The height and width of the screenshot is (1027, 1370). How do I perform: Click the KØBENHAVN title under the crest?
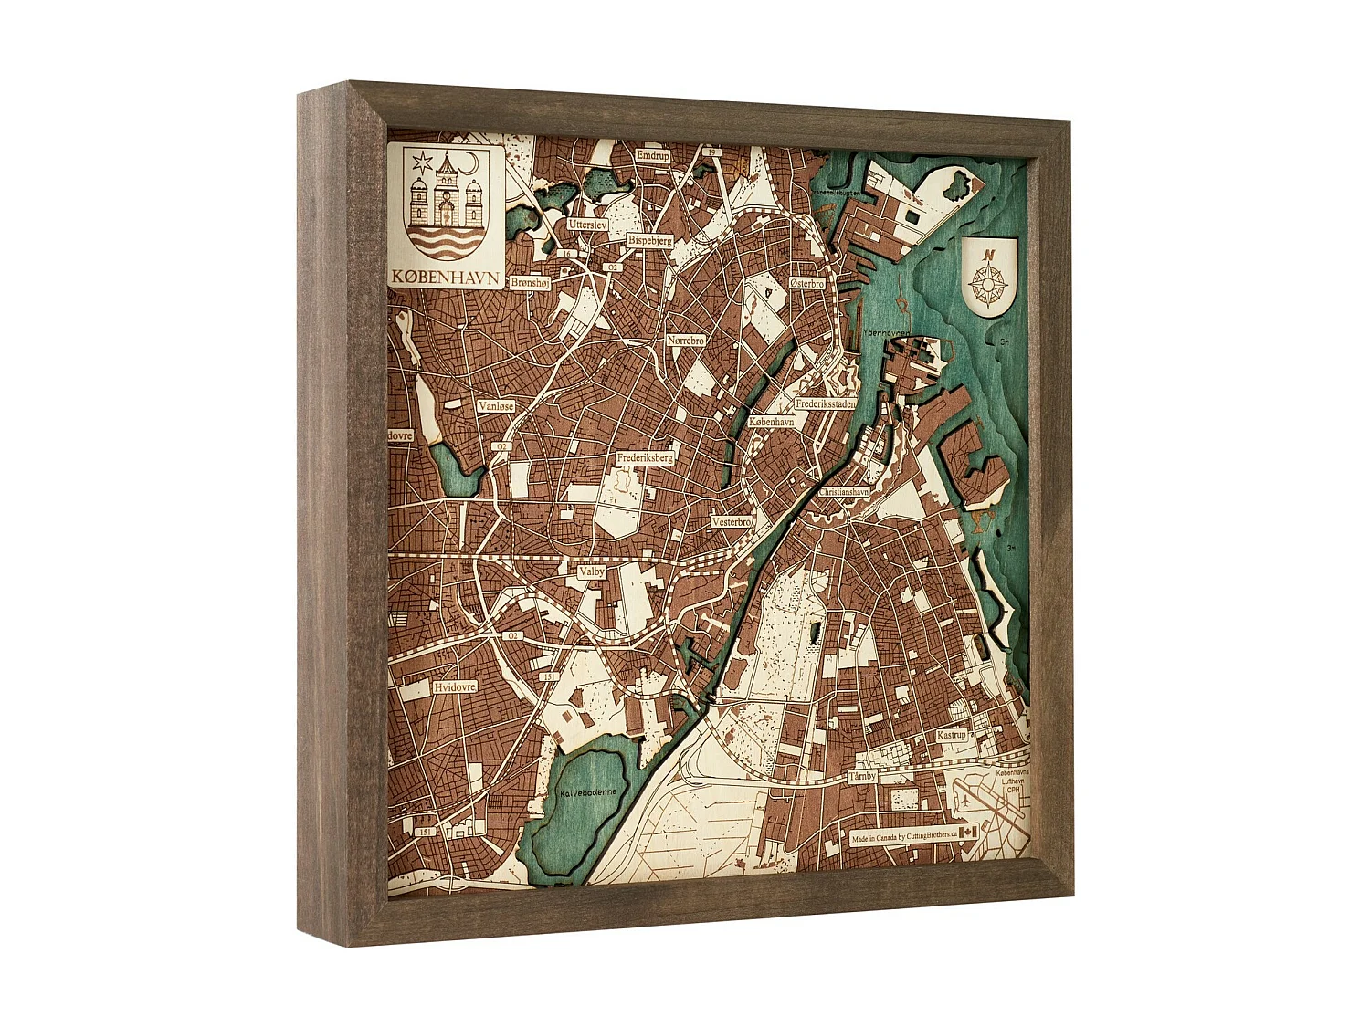(x=445, y=276)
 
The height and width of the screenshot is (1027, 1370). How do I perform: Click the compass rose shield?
(x=988, y=276)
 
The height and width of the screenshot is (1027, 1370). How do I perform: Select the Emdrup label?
(x=653, y=156)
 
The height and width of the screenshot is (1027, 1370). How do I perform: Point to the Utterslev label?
(x=587, y=224)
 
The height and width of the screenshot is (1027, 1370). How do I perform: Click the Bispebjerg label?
(x=649, y=240)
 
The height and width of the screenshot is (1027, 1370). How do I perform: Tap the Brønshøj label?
(x=530, y=283)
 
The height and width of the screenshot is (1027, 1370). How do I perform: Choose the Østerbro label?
(x=806, y=284)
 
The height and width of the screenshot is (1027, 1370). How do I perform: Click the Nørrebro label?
(x=685, y=341)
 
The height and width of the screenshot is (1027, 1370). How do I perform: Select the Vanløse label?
(x=496, y=405)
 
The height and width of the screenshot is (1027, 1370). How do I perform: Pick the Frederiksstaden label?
(x=826, y=403)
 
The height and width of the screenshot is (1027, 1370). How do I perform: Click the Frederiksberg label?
(x=645, y=457)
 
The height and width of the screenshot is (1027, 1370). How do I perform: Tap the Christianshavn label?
(x=843, y=491)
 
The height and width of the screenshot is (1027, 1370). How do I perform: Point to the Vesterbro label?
(x=732, y=522)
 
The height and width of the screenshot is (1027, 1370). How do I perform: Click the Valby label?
(x=592, y=571)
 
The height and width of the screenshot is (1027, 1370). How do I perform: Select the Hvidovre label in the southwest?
(x=455, y=686)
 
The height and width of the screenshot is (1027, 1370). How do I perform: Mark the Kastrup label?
(x=951, y=735)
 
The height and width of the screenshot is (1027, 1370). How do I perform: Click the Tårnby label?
(x=862, y=776)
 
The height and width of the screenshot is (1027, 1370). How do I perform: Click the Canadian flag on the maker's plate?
(x=968, y=832)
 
